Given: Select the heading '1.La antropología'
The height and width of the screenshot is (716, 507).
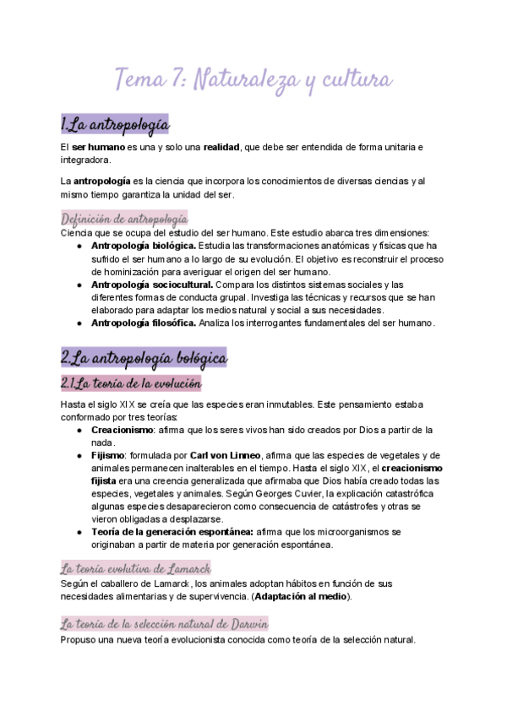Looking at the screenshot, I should click(115, 125).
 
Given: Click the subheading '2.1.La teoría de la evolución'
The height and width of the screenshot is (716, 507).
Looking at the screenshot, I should click(131, 384).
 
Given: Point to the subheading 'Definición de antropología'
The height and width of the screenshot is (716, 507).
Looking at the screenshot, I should click(124, 219).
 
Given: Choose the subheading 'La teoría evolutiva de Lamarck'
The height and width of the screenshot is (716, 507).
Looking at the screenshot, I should click(135, 567).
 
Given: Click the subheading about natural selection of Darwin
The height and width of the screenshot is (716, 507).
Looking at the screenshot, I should click(164, 624).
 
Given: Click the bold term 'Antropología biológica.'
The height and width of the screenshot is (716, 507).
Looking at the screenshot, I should click(143, 246).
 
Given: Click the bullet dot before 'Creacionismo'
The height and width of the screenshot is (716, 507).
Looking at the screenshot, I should click(79, 431).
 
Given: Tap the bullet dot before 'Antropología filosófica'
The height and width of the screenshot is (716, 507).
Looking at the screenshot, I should click(79, 323).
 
